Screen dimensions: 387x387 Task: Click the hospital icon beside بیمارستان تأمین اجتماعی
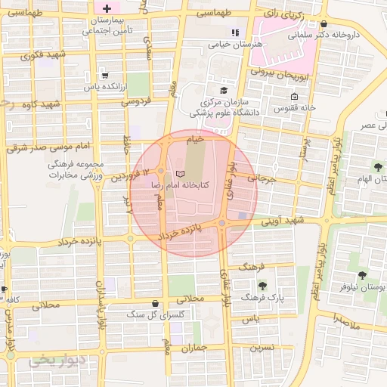tap(107, 8)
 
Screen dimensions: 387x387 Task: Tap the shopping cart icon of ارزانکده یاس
tap(104, 75)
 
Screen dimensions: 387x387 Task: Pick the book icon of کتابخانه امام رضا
tap(179, 174)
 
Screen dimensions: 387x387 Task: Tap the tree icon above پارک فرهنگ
tap(262, 285)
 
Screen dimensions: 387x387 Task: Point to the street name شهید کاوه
tap(41, 103)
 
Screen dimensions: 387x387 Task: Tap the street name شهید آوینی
tap(283, 220)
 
